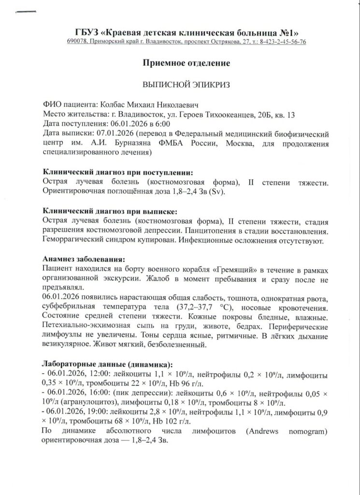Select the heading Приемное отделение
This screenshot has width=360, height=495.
pyautogui.click(x=179, y=63)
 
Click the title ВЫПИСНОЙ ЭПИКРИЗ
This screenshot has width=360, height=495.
pyautogui.click(x=179, y=84)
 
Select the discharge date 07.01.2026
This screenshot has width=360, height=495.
pyautogui.click(x=115, y=133)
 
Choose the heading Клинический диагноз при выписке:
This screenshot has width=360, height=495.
pyautogui.click(x=110, y=211)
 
